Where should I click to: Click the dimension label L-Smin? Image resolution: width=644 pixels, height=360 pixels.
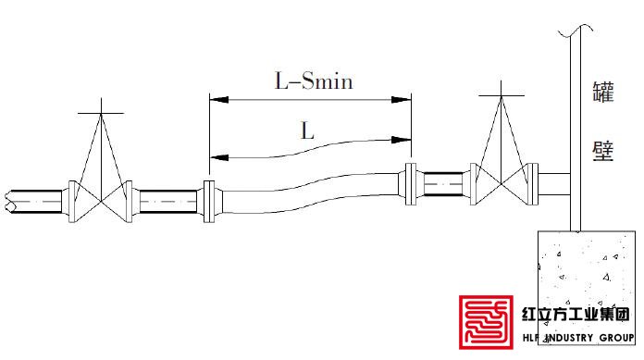click(x=314, y=81)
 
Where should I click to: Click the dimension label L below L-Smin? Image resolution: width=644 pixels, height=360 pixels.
click(x=307, y=131)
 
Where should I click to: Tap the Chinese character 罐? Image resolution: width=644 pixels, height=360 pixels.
click(x=602, y=92)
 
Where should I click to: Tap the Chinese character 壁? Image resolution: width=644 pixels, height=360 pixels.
click(x=602, y=151)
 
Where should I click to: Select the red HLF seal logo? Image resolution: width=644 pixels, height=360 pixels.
click(x=486, y=322)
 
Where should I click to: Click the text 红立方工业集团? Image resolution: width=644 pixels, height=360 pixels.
click(x=576, y=315)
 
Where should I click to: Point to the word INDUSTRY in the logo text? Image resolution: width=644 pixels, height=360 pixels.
click(x=569, y=338)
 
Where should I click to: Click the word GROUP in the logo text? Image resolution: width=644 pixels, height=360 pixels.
click(x=617, y=338)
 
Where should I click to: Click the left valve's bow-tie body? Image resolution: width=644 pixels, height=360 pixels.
click(x=101, y=202)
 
